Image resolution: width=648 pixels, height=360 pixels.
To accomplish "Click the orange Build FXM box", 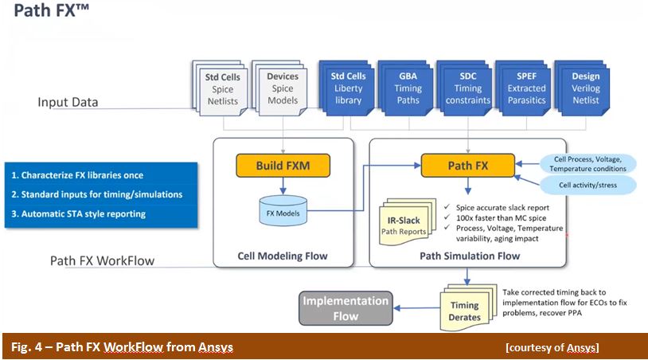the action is click(x=283, y=166).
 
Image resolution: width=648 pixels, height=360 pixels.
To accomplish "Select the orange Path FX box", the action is click(x=468, y=166).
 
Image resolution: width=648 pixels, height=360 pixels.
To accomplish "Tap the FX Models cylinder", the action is click(x=283, y=211).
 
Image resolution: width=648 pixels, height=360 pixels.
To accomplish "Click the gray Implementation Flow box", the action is click(x=345, y=308).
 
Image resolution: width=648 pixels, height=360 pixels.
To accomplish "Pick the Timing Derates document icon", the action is click(x=468, y=307).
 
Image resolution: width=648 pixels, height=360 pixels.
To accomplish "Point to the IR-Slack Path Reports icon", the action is click(x=407, y=222).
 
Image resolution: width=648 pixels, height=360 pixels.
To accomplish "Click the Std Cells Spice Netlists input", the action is click(x=220, y=88).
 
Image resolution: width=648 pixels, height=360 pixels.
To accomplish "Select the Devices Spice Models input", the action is click(x=279, y=88).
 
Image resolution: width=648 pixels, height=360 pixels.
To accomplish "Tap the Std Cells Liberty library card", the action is click(x=346, y=88).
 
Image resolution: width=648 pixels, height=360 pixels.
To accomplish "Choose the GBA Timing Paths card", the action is click(x=405, y=88).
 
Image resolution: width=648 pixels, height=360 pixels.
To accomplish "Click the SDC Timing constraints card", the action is click(x=465, y=88).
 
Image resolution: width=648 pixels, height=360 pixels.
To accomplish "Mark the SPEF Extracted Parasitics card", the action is click(x=523, y=88).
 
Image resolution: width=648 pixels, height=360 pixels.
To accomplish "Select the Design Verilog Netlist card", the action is click(x=582, y=88).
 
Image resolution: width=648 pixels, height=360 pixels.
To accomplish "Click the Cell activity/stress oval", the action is click(x=587, y=185).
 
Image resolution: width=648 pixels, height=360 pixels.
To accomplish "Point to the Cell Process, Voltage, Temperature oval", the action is click(x=587, y=164).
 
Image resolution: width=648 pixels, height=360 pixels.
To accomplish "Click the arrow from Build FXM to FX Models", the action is click(x=283, y=186).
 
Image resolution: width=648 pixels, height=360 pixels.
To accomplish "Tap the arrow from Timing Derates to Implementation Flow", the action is click(x=417, y=308).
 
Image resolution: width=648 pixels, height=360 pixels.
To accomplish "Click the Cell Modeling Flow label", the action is click(x=283, y=256).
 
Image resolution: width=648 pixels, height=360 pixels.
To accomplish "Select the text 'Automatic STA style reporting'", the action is click(x=84, y=214).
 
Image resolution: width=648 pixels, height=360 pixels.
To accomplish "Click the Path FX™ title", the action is click(x=51, y=10).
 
